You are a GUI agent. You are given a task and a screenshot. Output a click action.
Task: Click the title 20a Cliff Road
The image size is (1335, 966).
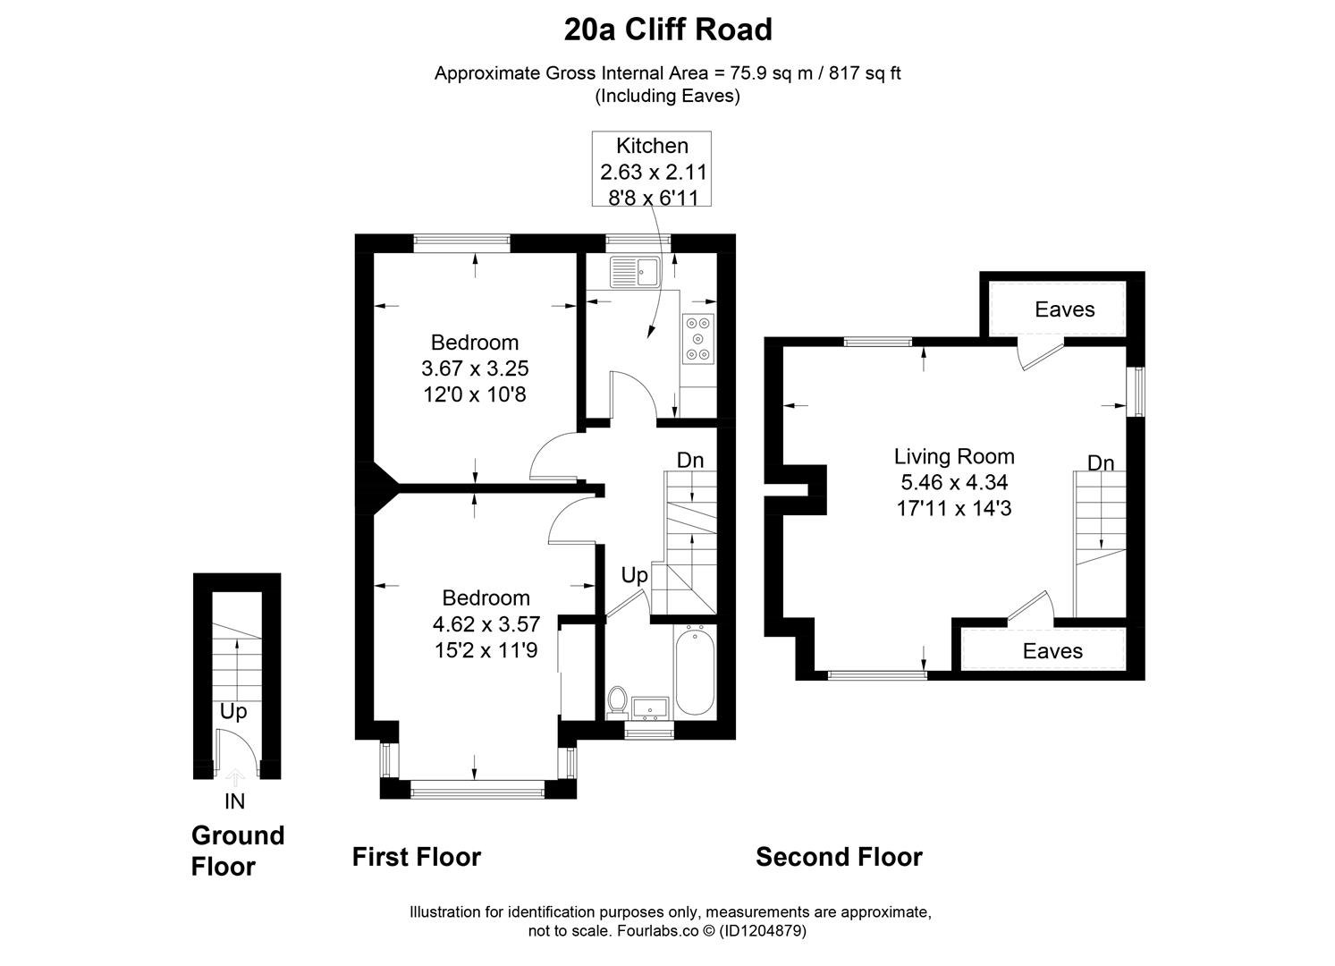(667, 30)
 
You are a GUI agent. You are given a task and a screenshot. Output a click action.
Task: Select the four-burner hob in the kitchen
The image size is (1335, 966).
(698, 338)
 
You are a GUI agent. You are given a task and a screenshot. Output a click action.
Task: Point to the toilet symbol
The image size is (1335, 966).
(617, 700)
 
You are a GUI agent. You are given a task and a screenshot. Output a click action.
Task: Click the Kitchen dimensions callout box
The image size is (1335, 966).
(652, 170)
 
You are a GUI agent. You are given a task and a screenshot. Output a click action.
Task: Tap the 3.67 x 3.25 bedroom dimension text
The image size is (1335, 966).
(474, 368)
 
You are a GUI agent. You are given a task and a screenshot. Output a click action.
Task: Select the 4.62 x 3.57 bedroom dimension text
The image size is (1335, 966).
(486, 623)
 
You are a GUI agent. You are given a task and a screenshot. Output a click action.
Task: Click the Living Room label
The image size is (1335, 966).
(954, 456)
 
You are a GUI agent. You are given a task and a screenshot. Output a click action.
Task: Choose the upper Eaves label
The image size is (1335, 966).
(1064, 309)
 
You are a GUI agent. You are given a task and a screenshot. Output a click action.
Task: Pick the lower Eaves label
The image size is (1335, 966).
(1052, 651)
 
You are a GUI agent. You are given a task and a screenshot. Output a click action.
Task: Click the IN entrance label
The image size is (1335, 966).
(234, 801)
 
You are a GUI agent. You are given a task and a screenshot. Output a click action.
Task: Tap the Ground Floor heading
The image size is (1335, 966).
(237, 851)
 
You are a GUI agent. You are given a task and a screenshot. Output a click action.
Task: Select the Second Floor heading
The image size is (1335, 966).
(839, 857)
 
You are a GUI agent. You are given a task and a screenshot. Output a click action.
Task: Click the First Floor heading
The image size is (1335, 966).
(417, 857)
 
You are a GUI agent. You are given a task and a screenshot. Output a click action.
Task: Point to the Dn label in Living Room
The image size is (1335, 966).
(1101, 462)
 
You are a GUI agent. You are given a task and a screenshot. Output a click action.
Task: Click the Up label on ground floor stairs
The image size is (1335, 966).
(233, 711)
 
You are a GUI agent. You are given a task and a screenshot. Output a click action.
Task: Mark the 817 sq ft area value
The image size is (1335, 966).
(865, 73)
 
